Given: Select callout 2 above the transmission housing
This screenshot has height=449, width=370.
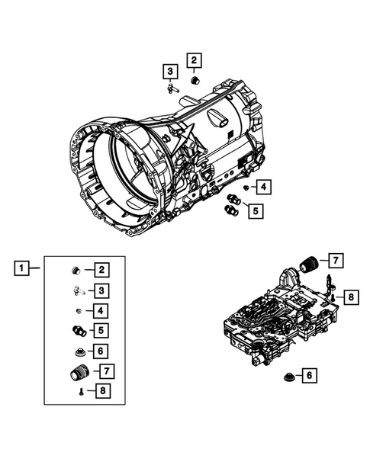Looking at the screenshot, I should coord(194,60).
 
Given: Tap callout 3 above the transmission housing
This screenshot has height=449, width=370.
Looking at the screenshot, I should coord(168,72).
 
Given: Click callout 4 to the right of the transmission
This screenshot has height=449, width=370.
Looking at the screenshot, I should coord(262,187).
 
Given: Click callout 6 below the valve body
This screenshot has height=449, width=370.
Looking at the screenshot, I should coord(309,375).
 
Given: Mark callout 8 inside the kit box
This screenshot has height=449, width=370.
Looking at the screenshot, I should coord(101,392).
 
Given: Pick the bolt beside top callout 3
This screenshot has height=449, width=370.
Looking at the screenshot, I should coord(169,90).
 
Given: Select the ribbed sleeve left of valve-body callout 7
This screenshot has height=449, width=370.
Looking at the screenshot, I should coord(310,263).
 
